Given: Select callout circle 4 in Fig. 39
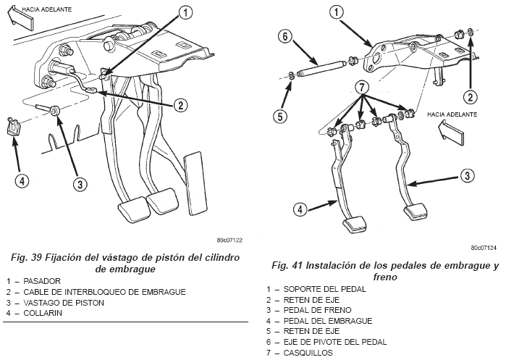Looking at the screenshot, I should [23, 180].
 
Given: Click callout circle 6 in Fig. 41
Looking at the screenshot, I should [285, 37].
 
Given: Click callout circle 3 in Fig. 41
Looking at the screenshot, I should [468, 175].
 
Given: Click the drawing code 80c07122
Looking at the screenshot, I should [229, 240].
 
